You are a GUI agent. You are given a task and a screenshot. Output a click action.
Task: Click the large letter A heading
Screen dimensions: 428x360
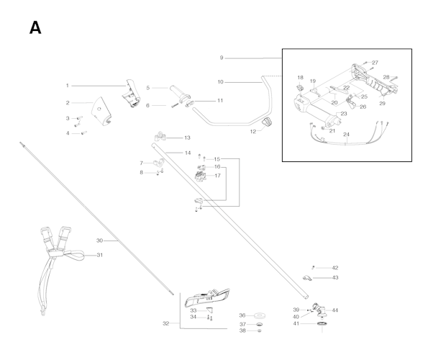(35, 28)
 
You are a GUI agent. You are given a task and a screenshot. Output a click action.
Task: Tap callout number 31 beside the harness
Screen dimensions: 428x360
(100, 255)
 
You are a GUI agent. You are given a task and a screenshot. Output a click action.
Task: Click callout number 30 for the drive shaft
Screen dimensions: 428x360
(99, 240)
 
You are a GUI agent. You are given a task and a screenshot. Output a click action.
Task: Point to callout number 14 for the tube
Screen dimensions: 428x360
(188, 153)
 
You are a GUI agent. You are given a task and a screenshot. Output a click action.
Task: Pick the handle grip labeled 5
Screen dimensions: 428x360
(180, 94)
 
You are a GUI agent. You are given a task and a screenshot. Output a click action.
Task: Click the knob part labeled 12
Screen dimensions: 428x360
(267, 122)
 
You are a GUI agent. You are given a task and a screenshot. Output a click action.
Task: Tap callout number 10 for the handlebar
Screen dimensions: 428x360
(221, 82)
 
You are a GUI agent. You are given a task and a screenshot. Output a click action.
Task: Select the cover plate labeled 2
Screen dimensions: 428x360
(101, 112)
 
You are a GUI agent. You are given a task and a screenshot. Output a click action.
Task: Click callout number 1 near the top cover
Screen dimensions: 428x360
(68, 86)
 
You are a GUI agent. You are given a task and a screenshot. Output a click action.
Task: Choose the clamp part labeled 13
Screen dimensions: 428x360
(160, 136)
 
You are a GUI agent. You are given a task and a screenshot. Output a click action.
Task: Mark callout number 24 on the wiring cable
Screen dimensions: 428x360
(346, 135)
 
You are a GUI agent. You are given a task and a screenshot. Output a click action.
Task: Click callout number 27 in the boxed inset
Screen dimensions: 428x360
(375, 63)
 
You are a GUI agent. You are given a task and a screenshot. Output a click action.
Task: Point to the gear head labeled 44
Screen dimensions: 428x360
(319, 310)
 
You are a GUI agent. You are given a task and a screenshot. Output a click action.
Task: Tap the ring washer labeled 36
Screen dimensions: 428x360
(260, 316)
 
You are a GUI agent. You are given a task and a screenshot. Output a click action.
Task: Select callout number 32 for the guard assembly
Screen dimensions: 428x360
(165, 323)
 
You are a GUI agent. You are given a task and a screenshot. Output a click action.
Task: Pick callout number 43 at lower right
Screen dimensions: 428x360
(335, 277)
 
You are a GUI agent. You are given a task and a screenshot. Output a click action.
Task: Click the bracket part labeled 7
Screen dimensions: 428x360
(158, 163)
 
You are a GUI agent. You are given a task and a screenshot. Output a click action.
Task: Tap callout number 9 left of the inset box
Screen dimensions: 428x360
(222, 58)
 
